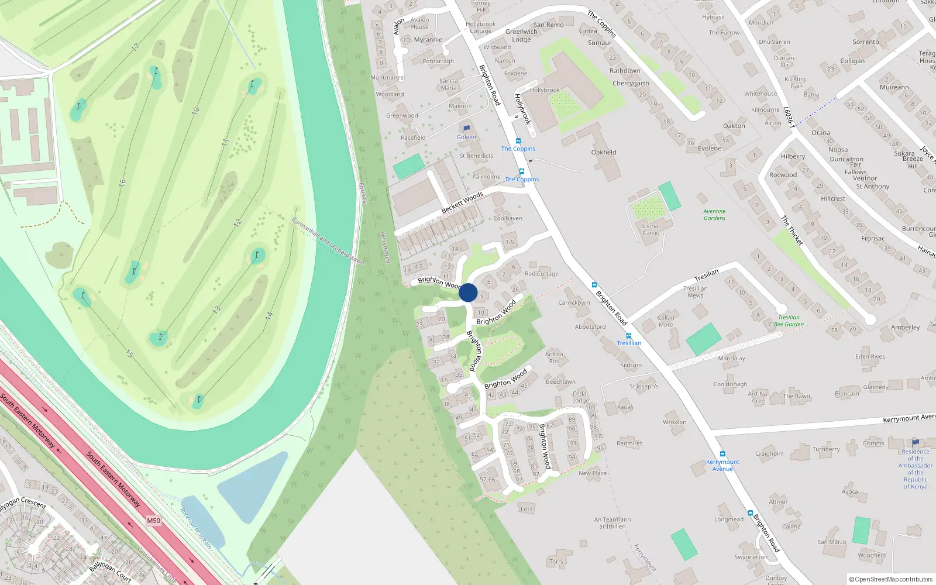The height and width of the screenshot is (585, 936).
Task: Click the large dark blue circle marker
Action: [468, 292]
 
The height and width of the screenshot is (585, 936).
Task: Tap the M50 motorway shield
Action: [153, 521]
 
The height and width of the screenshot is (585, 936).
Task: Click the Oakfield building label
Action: [604, 152]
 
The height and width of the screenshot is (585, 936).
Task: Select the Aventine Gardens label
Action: [714, 215]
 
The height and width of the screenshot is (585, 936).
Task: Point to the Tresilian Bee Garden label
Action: [789, 321]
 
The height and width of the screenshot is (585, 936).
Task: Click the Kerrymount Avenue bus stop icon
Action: [722, 454]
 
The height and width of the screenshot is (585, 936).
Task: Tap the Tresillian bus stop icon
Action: [629, 336]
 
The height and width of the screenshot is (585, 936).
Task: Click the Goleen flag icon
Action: [466, 129]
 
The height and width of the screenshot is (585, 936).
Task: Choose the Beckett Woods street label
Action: [462, 202]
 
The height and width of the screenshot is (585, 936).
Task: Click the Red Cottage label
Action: [542, 274]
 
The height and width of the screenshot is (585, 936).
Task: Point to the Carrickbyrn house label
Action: [574, 302]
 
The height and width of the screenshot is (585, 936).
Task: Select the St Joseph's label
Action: [643, 386]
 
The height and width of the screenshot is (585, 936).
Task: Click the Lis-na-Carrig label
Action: [651, 229]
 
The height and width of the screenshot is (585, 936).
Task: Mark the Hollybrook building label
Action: [545, 90]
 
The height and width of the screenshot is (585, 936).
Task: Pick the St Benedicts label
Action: [476, 156]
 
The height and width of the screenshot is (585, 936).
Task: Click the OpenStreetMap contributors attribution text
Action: [891, 579]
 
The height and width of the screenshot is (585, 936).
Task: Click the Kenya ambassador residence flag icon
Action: [916, 442]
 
